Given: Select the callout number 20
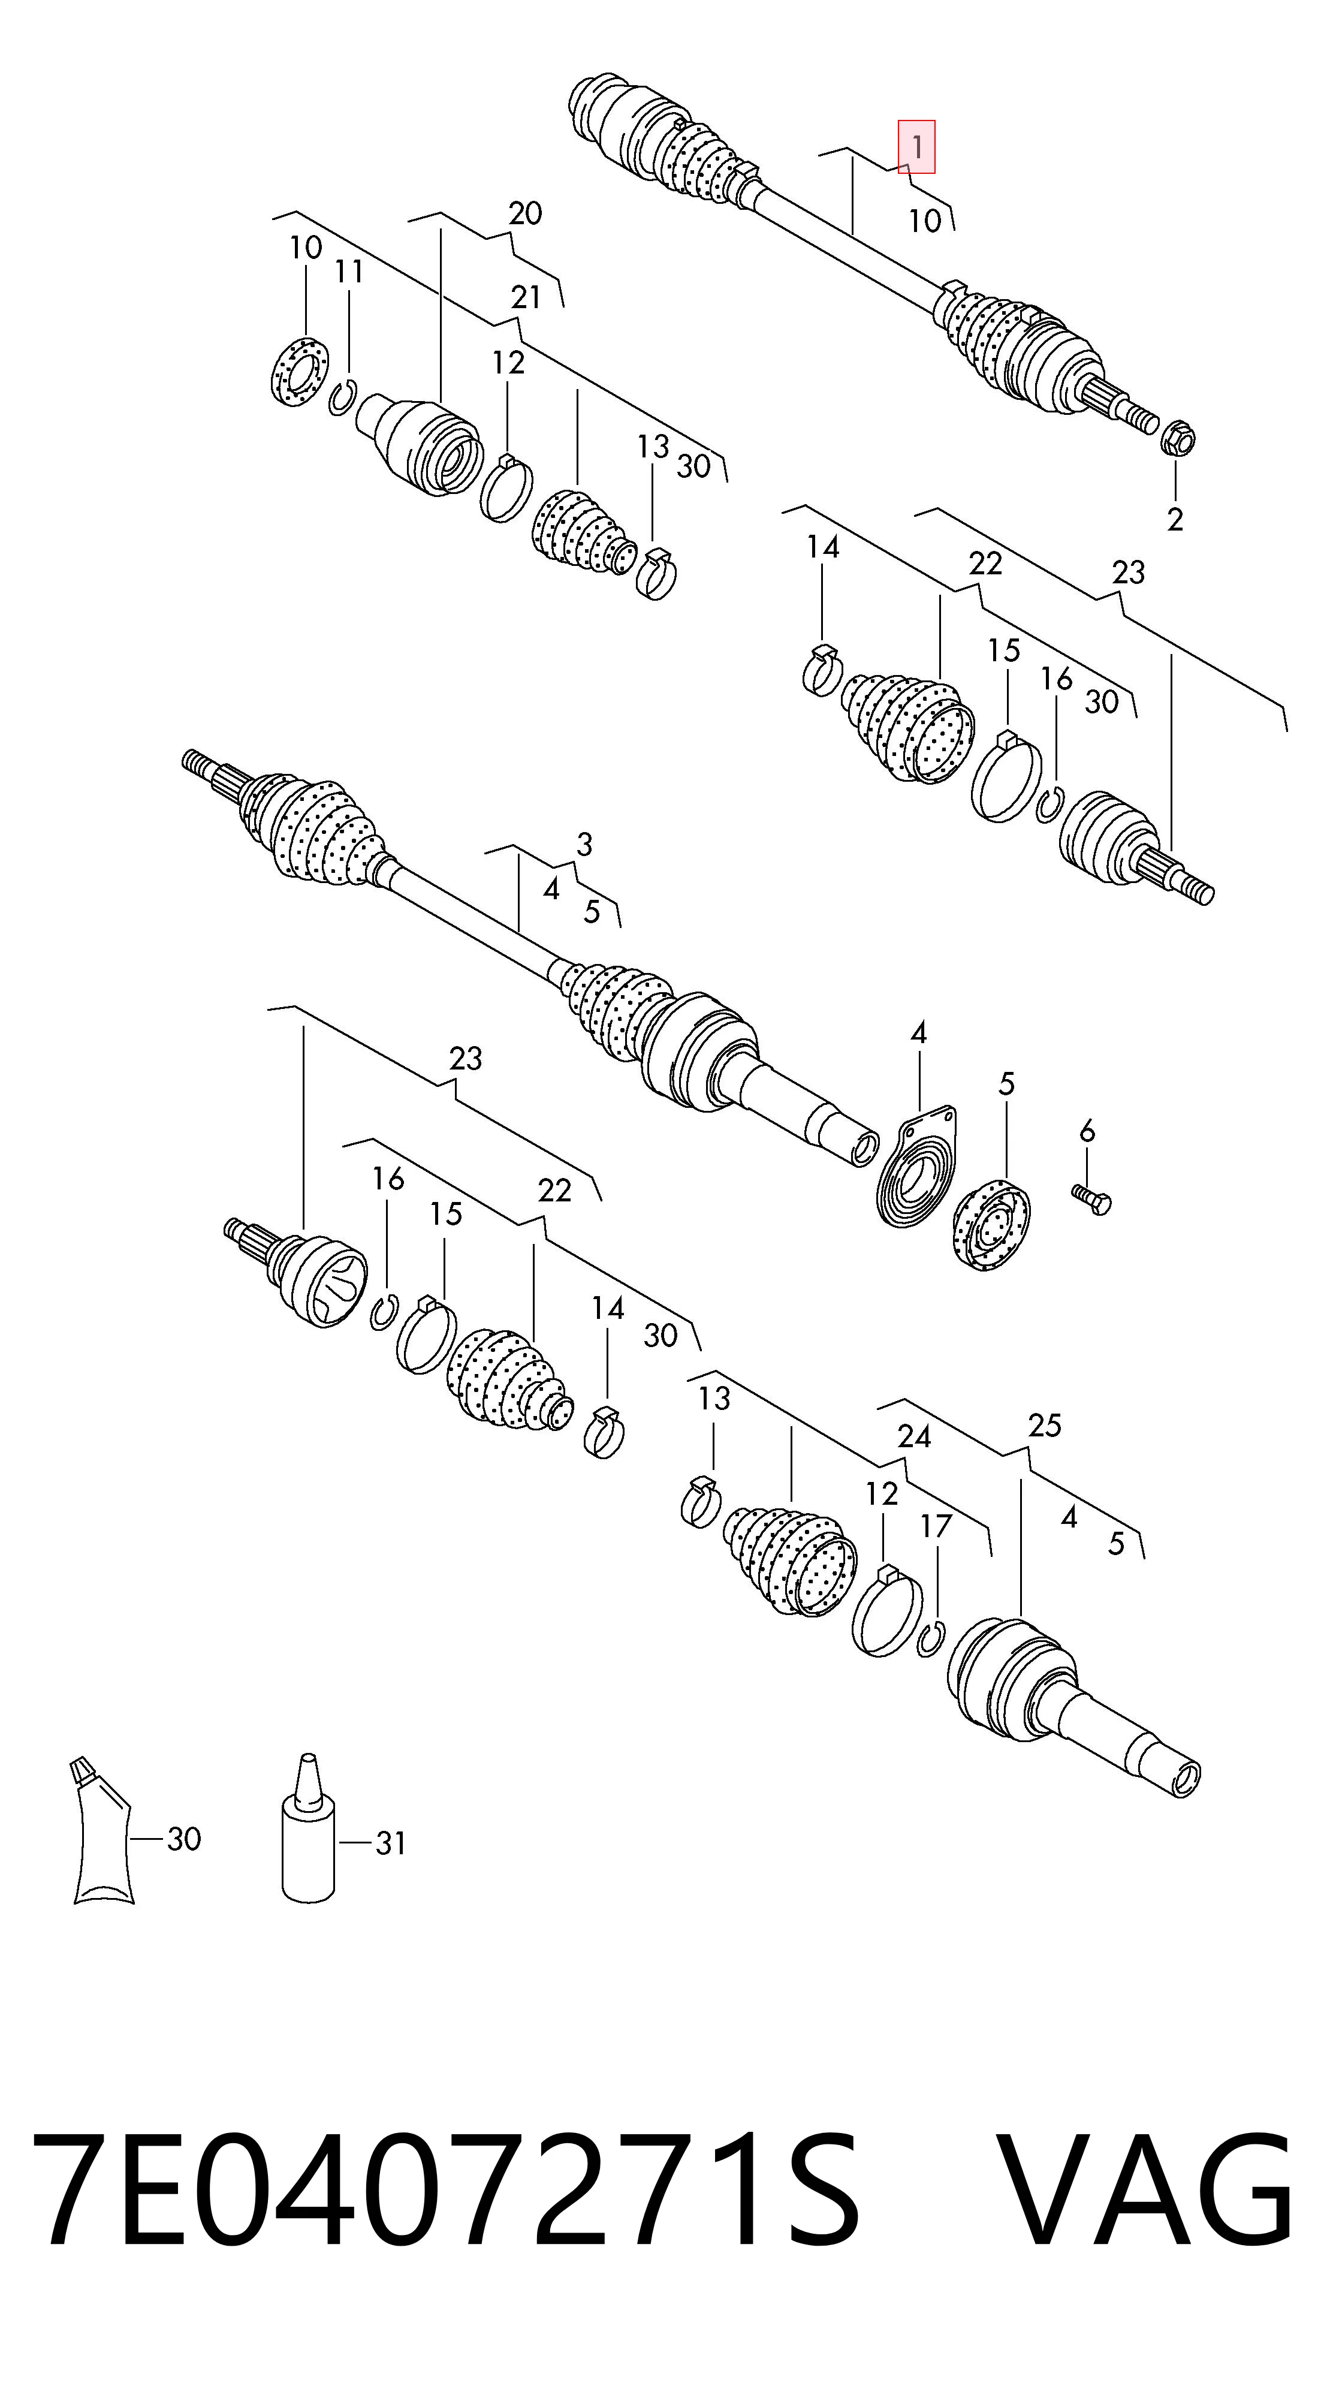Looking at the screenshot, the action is (524, 213).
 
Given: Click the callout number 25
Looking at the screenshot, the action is (1044, 1426).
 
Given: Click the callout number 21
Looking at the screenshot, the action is (525, 298).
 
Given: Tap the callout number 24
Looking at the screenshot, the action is (913, 1436).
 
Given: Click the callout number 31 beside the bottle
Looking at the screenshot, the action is (390, 1843).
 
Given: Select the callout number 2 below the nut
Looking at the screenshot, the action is (1174, 520).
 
